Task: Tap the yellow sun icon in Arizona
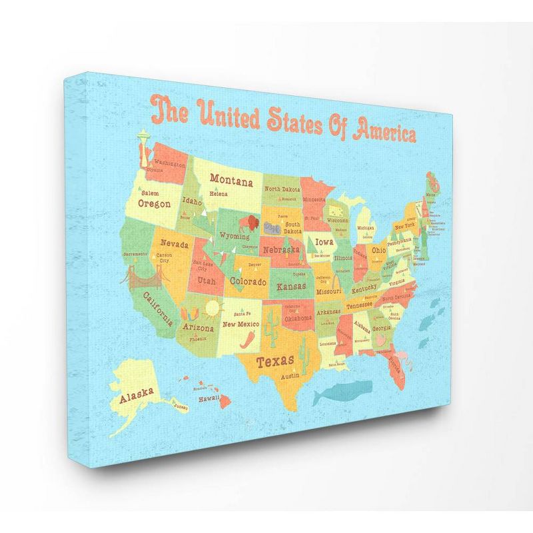(213, 307)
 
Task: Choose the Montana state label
(231, 179)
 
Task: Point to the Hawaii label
(209, 397)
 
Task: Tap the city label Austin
(289, 376)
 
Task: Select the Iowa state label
(324, 242)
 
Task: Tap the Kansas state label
(292, 286)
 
